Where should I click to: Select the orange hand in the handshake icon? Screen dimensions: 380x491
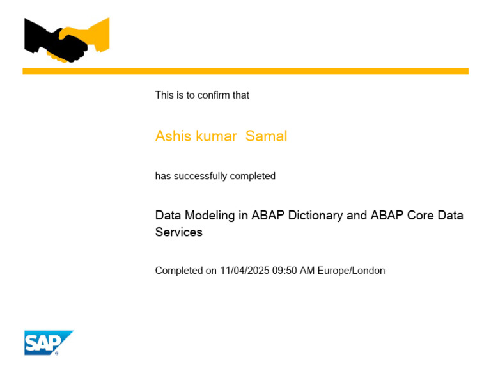(x=93, y=37)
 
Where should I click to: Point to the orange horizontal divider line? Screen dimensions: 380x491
(x=245, y=71)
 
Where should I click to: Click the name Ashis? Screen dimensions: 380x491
(x=173, y=136)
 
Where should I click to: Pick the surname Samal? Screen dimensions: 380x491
(x=267, y=136)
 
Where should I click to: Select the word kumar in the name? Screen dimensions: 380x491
(x=215, y=136)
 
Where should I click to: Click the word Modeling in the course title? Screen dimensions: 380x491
(x=210, y=216)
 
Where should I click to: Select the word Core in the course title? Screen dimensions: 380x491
(x=419, y=216)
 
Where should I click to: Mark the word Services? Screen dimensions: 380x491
(x=179, y=232)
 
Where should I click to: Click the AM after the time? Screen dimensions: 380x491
(x=308, y=271)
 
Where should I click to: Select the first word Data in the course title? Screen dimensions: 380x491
(x=168, y=216)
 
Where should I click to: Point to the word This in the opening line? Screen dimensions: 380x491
(x=164, y=95)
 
